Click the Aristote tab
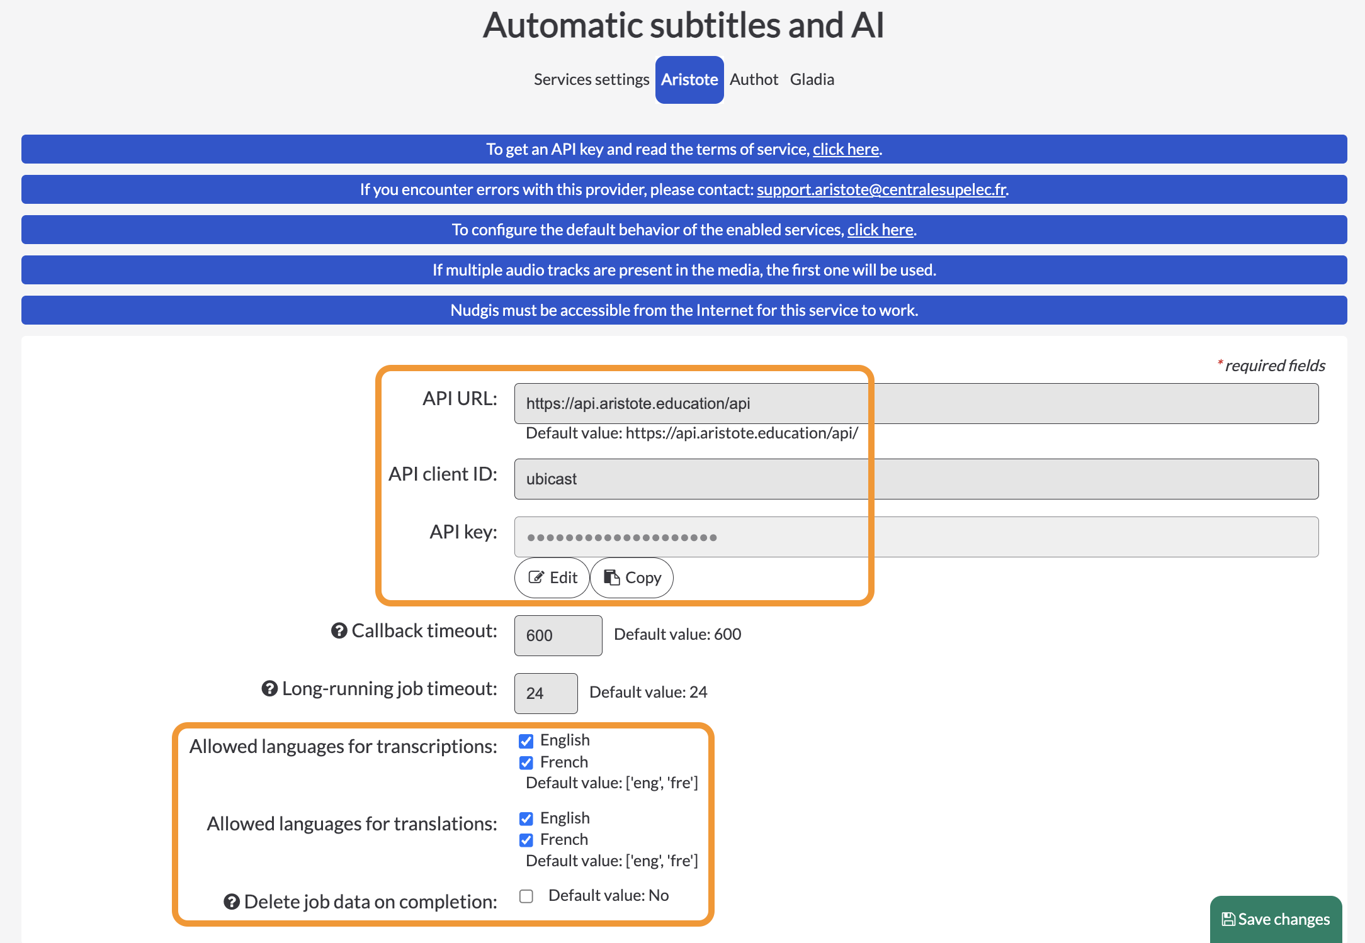pos(689,80)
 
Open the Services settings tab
pos(591,80)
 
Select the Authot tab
pos(754,80)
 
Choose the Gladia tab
pos(812,80)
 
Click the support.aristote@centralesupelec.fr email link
pos(881,189)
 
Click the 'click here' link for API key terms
pos(846,149)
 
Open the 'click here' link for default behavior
pos(880,230)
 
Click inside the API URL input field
pos(916,403)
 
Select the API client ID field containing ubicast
pos(916,479)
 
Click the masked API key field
pos(916,537)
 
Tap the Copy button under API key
pos(632,578)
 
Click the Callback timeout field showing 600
pos(558,635)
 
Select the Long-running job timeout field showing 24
pos(546,693)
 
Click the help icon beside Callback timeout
pos(339,630)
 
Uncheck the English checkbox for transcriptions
pos(526,741)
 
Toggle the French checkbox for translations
pos(526,840)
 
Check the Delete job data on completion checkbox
pos(526,896)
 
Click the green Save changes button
pos(1276,919)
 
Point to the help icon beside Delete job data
pos(232,901)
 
